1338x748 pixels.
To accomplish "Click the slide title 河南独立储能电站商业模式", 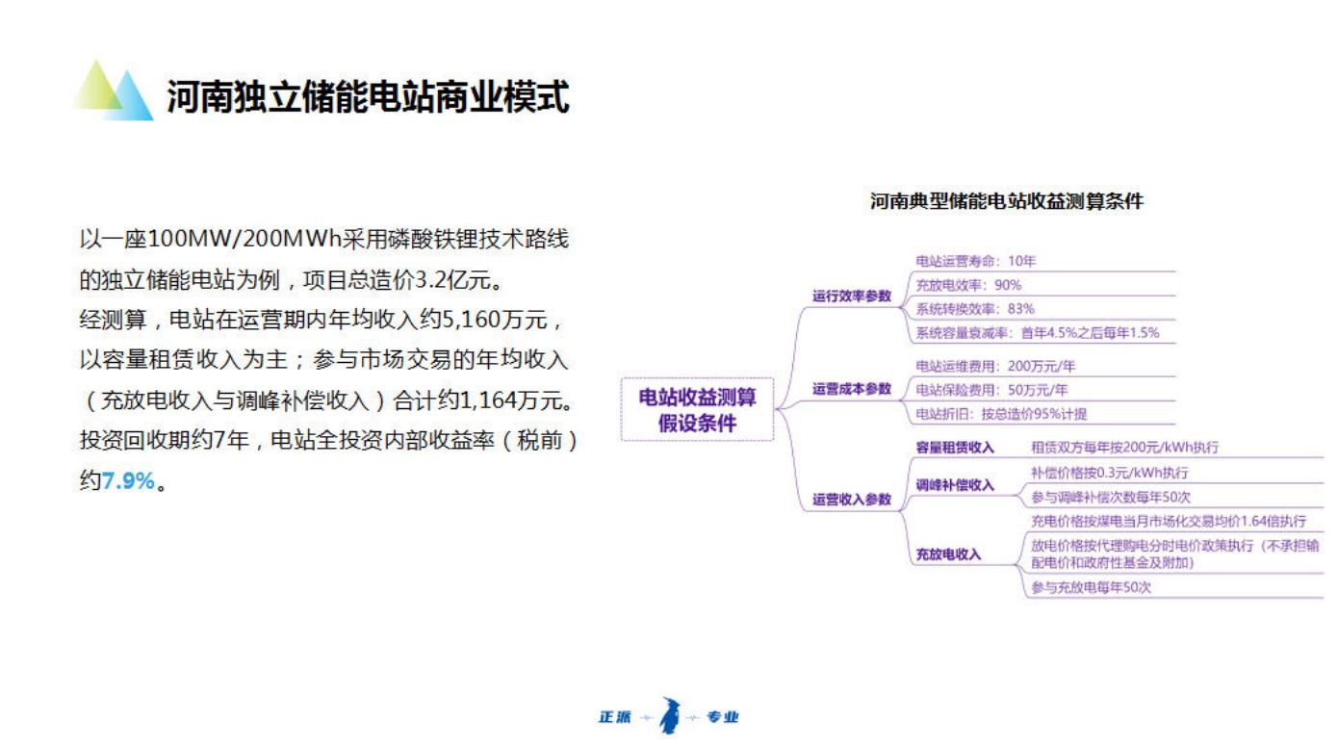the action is (368, 96).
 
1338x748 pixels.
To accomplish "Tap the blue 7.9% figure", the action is (128, 480).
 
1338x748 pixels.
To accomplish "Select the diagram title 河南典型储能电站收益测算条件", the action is (1007, 201).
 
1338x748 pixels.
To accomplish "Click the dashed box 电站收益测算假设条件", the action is (697, 410).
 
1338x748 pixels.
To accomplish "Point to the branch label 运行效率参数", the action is (851, 296).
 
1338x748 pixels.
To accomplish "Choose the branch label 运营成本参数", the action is (851, 389).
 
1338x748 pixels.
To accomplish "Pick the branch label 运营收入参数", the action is (851, 499).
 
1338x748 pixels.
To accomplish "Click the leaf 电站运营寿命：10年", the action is (975, 261).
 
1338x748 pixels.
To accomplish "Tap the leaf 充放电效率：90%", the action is (968, 285).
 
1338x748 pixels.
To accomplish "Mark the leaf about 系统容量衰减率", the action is (1038, 333).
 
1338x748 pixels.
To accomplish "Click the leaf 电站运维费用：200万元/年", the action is (995, 366).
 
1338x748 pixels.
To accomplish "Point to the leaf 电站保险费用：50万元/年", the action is (991, 390).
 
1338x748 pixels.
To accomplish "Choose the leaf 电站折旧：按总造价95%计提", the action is (1001, 414).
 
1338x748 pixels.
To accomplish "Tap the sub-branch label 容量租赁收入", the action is (955, 448).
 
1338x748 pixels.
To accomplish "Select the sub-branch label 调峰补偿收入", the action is (955, 484).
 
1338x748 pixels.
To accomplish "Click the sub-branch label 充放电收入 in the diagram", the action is (948, 555).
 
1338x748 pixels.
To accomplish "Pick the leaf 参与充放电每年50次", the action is (1091, 587).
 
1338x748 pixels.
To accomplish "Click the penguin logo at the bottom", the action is (670, 715).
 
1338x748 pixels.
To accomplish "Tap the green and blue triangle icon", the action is (114, 90).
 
